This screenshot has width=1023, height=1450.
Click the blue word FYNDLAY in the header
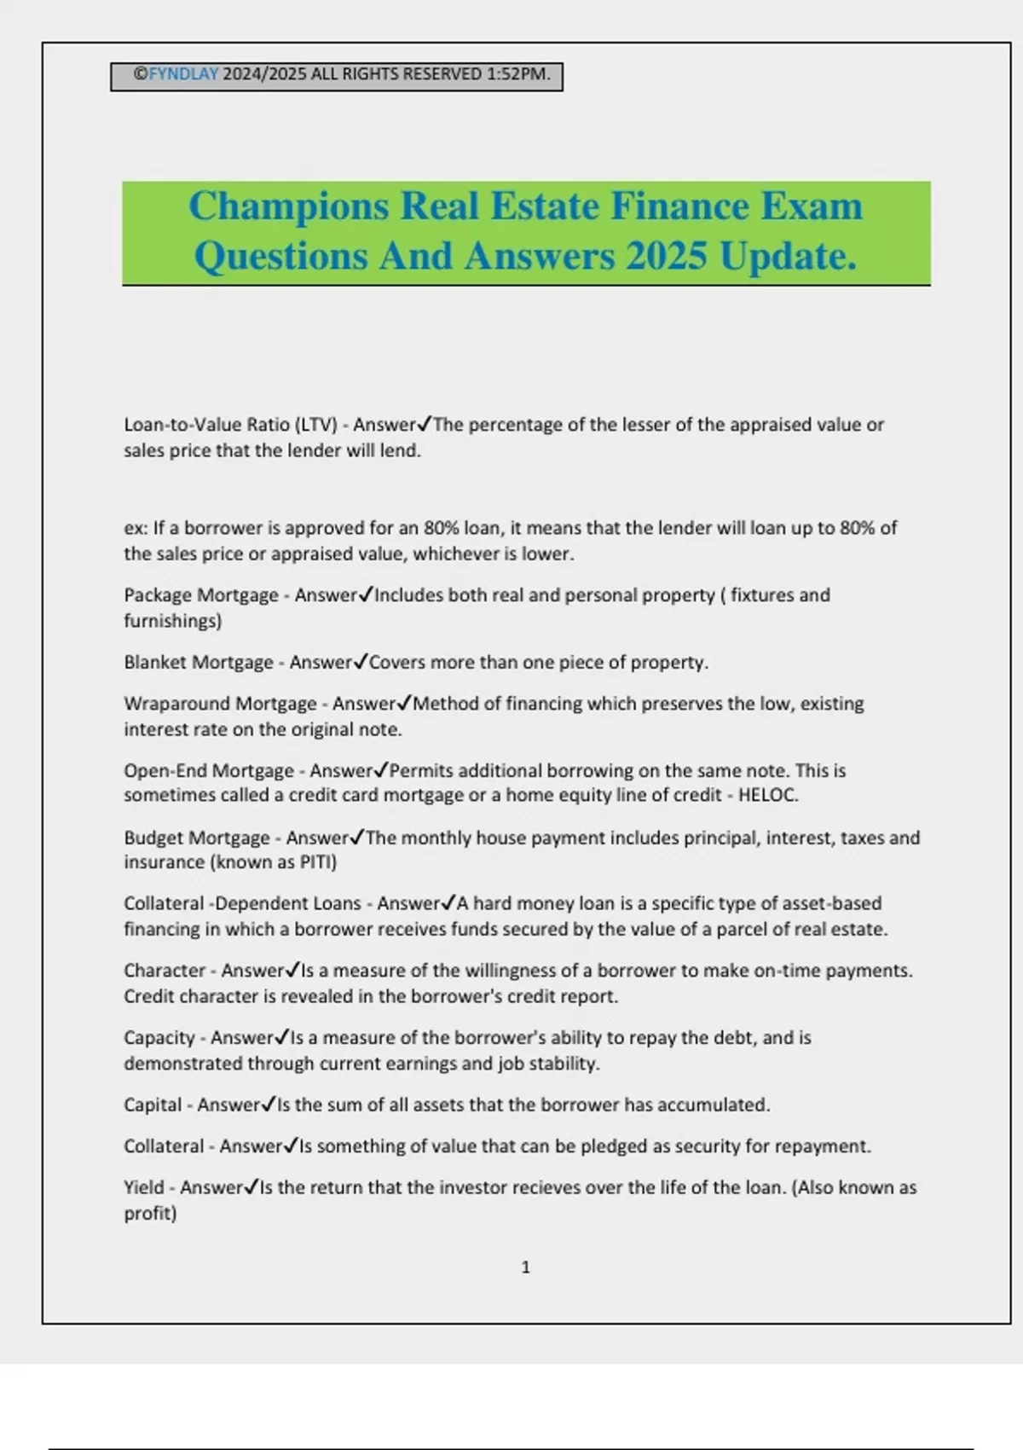coord(184,74)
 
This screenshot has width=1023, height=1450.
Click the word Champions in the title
coord(288,206)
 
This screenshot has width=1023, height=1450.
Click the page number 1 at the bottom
coord(525,1267)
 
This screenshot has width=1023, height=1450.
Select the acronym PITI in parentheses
coord(317,862)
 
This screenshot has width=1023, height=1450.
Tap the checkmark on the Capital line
coord(269,1105)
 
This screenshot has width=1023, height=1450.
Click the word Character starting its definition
coord(165,971)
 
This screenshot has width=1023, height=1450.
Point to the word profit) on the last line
coord(150,1213)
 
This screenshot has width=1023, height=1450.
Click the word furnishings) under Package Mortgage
coord(172,621)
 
